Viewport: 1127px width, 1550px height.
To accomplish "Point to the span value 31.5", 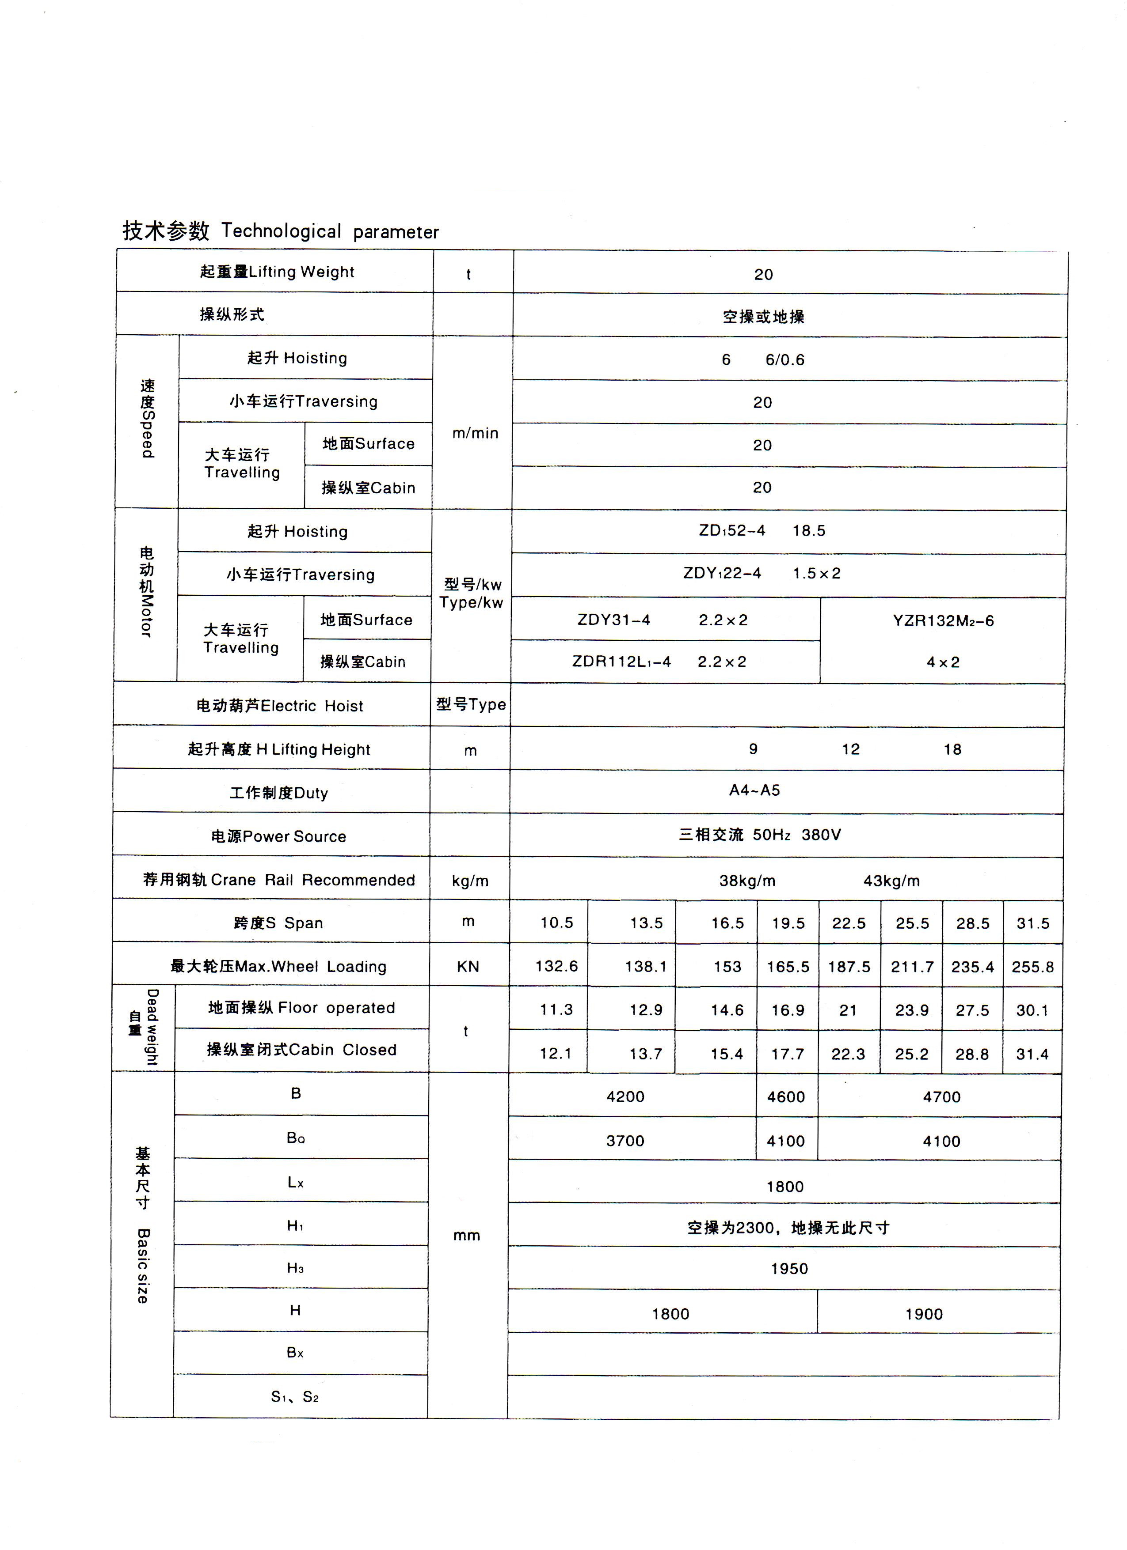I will pos(1032,924).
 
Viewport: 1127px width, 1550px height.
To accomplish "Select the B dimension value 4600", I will pos(786,1097).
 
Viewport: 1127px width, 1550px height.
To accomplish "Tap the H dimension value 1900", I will pos(924,1314).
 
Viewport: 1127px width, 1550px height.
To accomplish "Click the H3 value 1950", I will pos(789,1269).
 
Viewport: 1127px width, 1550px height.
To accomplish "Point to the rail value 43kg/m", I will pos(891,881).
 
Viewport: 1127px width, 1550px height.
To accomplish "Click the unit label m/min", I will pos(475,433).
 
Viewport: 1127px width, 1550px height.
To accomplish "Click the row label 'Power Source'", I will pos(278,836).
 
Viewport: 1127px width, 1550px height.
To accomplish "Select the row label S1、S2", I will pos(295,1397).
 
